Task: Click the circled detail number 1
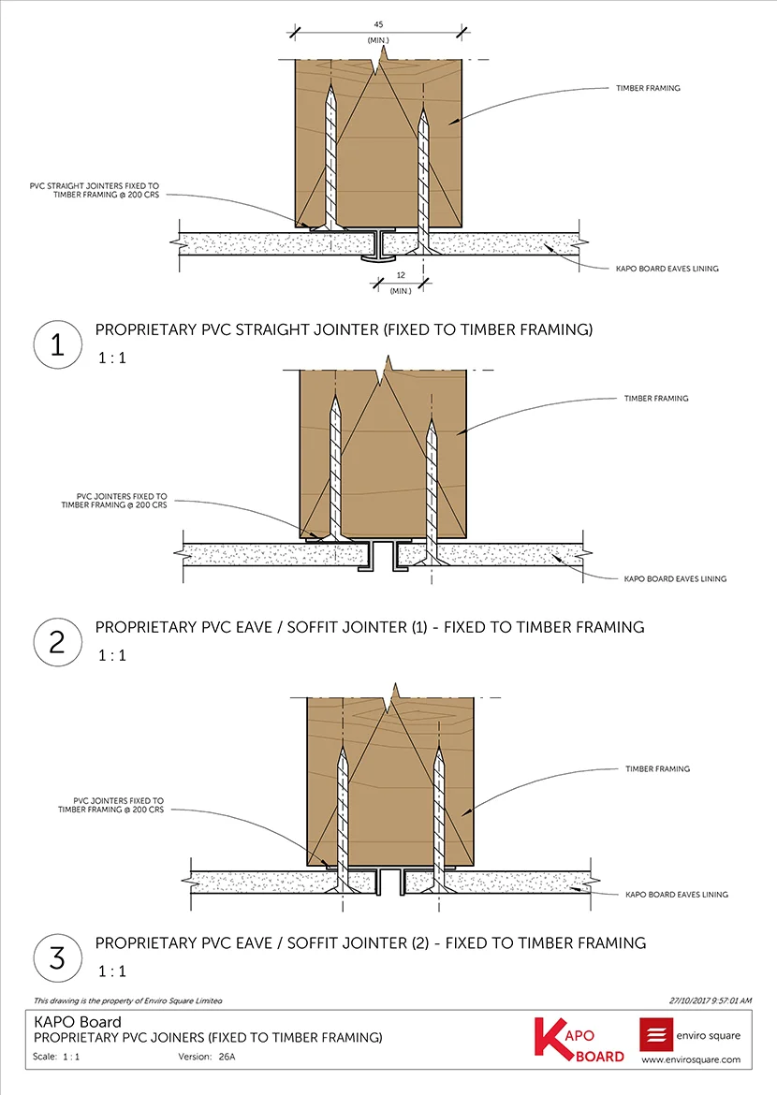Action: (57, 344)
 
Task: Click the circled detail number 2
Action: (57, 641)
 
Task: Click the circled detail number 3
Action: (57, 956)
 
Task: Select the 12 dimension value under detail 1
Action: (402, 276)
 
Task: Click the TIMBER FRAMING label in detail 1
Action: (648, 88)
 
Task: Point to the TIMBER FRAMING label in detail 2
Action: (656, 399)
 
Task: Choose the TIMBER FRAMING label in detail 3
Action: (657, 768)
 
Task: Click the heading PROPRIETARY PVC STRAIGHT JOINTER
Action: (344, 329)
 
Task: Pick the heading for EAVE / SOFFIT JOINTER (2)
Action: (370, 942)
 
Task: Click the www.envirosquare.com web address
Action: (691, 1060)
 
